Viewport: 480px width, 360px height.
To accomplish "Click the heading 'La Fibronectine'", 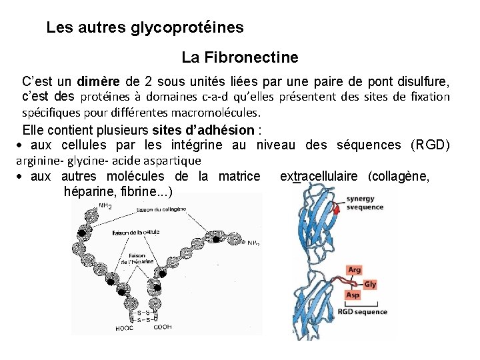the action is click(x=239, y=58).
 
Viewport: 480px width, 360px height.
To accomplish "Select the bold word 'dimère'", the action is click(x=99, y=83).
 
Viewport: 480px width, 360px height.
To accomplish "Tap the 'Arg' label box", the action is click(x=355, y=271).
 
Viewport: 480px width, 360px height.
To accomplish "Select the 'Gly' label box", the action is click(x=370, y=285).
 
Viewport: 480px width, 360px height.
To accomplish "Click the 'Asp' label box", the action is click(x=353, y=295).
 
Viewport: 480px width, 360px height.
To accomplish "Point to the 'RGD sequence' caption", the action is click(x=362, y=312).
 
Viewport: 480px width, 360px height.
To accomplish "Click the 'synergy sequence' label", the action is click(x=365, y=203).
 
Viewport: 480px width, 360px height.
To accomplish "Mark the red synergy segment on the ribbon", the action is click(x=336, y=209).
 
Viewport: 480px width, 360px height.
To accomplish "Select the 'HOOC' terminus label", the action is click(x=124, y=328).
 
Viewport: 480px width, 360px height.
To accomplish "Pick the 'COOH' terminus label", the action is click(x=163, y=327).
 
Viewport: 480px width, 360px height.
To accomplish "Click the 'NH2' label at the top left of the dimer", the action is click(x=105, y=205).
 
